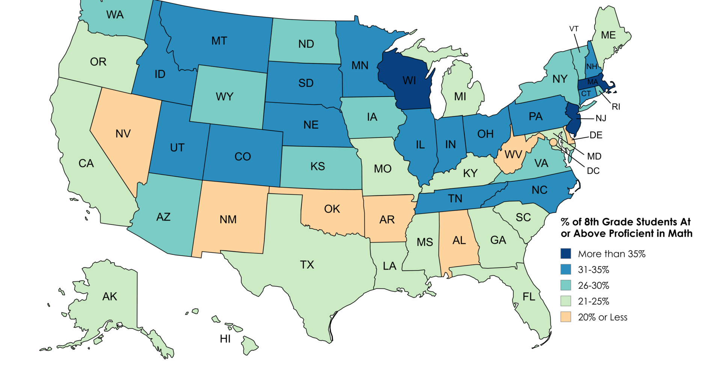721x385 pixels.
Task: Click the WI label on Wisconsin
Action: (x=409, y=80)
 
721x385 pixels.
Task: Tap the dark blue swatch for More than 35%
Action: (x=566, y=253)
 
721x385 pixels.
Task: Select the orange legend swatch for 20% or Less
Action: (x=566, y=317)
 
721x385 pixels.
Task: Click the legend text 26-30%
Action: (x=593, y=285)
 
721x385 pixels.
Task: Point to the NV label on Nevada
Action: (x=123, y=133)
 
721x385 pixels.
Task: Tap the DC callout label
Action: (x=593, y=171)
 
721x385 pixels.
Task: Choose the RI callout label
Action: (x=616, y=107)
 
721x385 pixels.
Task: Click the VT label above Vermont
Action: (x=574, y=29)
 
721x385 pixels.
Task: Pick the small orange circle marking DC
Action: (x=553, y=142)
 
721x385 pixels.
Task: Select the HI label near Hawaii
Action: (x=225, y=339)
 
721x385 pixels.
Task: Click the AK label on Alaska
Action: (x=110, y=297)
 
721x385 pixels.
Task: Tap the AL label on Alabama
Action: (x=459, y=240)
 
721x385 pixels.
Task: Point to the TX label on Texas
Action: (x=307, y=265)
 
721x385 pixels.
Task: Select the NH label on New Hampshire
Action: (x=592, y=67)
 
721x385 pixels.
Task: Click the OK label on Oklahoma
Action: (x=332, y=209)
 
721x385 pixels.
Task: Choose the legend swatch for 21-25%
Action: (x=566, y=301)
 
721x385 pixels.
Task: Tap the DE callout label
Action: (x=596, y=135)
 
